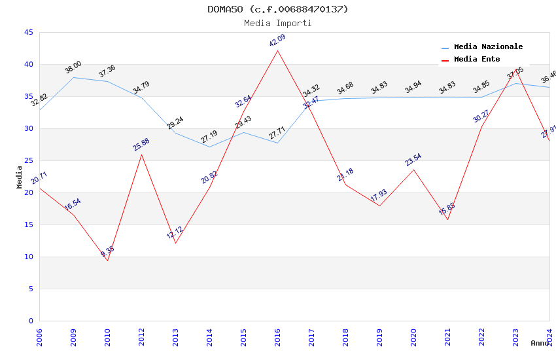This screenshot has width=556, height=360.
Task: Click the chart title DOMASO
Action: tap(278, 9)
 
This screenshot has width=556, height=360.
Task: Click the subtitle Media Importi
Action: tap(278, 23)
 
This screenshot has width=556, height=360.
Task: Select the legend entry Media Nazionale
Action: tap(488, 46)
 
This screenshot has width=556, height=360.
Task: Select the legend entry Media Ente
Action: tap(477, 59)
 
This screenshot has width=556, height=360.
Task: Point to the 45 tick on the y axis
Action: tap(28, 32)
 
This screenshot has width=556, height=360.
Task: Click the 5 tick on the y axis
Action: tap(31, 289)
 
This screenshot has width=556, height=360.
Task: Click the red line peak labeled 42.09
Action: tap(277, 50)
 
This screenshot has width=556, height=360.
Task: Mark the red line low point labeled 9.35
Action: tap(107, 261)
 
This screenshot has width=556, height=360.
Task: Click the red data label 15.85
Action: tap(447, 209)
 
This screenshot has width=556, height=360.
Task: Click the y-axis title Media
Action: tap(20, 177)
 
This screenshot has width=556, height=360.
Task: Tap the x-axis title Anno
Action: tap(540, 343)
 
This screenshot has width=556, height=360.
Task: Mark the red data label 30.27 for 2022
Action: tap(481, 116)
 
